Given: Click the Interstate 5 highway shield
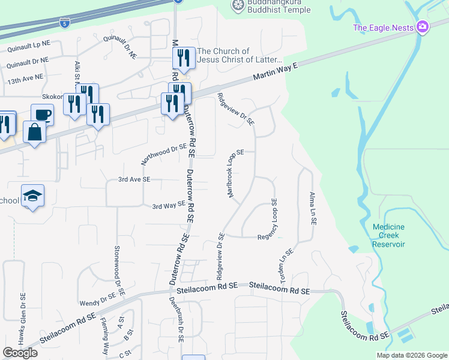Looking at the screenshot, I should (x=64, y=23).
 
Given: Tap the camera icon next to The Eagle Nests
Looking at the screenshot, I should (x=423, y=26).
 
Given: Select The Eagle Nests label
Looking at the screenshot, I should (x=384, y=27).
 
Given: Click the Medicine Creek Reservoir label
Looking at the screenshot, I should (x=388, y=235).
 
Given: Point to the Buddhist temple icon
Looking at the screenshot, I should (x=238, y=5).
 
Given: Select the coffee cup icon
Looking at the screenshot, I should (x=42, y=113).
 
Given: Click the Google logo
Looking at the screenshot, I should (x=20, y=353).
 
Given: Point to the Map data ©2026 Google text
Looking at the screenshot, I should (x=411, y=355).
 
